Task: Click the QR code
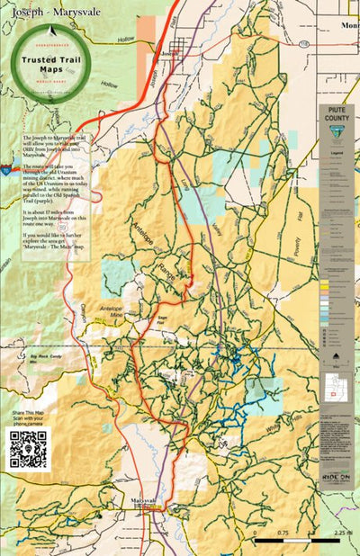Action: [x=27, y=449]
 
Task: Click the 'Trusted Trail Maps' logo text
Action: [x=51, y=64]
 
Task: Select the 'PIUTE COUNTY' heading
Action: [x=337, y=115]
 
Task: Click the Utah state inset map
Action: [x=335, y=389]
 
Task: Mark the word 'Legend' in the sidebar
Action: [x=337, y=155]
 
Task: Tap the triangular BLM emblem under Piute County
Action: [x=337, y=136]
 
